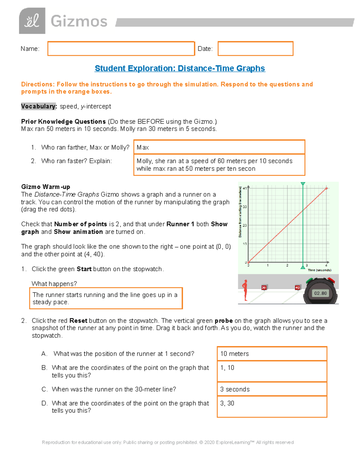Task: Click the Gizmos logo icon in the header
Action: pyautogui.click(x=32, y=21)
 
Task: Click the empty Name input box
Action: pyautogui.click(x=121, y=49)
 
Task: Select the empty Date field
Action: pyautogui.click(x=255, y=49)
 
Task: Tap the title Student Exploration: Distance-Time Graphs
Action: pyautogui.click(x=180, y=68)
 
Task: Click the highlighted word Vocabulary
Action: pyautogui.click(x=38, y=106)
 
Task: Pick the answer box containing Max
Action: pyautogui.click(x=219, y=147)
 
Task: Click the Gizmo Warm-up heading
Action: pyautogui.click(x=46, y=187)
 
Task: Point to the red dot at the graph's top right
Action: pyautogui.click(x=326, y=188)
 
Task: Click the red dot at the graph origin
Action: pyautogui.click(x=248, y=262)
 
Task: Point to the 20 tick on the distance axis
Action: pyautogui.click(x=245, y=225)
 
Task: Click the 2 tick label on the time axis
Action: pyautogui.click(x=287, y=266)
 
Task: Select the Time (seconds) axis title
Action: pyautogui.click(x=319, y=270)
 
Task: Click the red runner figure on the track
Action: pyautogui.click(x=245, y=290)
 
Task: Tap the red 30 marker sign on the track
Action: pyautogui.click(x=264, y=287)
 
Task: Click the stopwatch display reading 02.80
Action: pyautogui.click(x=320, y=293)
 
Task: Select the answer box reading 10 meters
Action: pyautogui.click(x=272, y=353)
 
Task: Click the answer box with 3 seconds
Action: pyautogui.click(x=272, y=389)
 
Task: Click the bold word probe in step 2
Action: pyautogui.click(x=223, y=320)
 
